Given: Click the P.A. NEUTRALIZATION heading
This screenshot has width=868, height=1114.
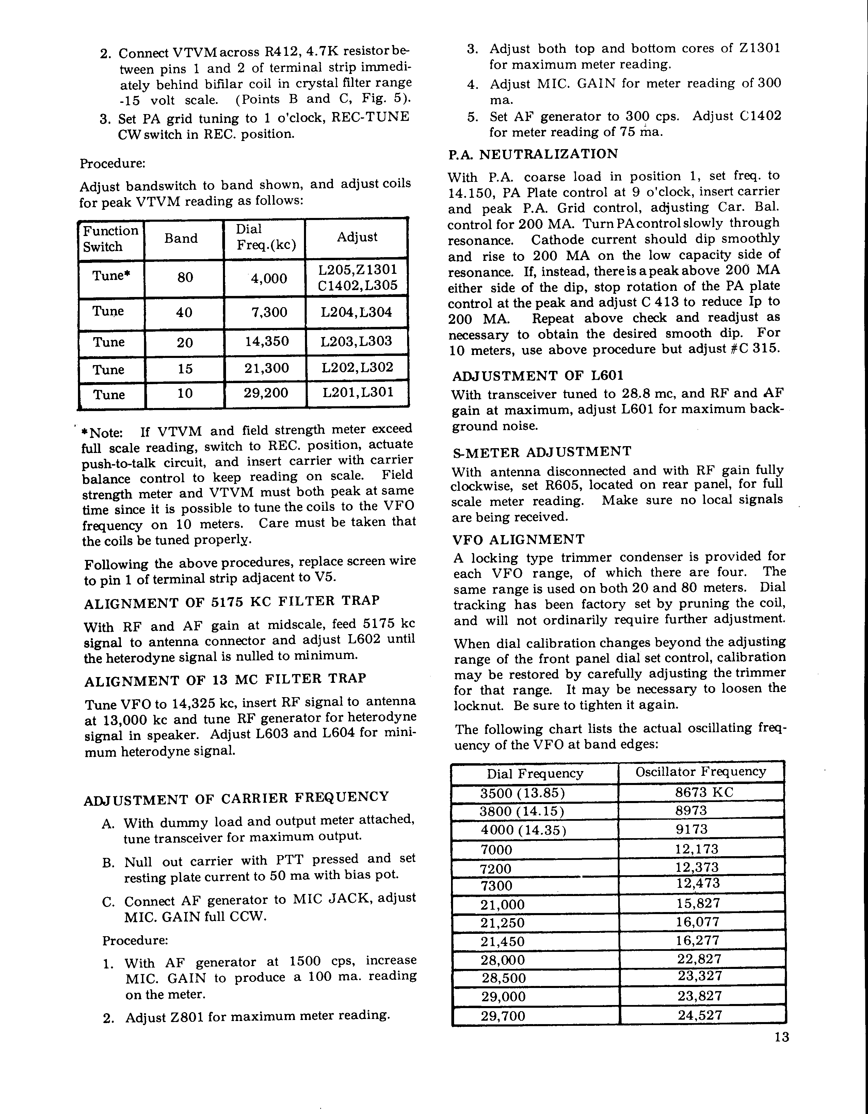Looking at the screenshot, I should click(x=533, y=154).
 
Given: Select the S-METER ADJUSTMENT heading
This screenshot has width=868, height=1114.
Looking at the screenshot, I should click(x=541, y=452).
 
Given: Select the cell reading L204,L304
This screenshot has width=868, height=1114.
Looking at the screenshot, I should click(x=356, y=312).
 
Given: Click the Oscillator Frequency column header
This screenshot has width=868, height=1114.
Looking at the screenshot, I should click(x=700, y=772).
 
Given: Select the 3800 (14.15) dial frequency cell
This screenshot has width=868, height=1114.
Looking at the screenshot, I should click(x=523, y=811).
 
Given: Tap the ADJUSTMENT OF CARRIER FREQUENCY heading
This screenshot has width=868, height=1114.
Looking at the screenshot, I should click(x=236, y=797).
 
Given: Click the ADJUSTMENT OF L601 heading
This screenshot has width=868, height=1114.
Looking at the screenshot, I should click(x=538, y=376).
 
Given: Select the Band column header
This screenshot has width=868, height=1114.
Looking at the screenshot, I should click(x=181, y=238).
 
